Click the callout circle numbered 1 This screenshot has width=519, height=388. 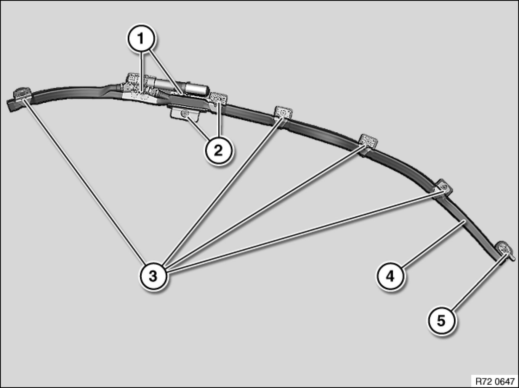point(141,39)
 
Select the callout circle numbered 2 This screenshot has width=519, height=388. point(218,151)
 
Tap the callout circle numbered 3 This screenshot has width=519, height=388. point(153,276)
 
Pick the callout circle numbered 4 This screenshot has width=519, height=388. point(390,276)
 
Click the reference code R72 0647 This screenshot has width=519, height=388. point(495,381)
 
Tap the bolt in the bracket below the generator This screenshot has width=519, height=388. point(184,114)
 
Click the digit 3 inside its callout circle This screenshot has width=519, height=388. point(153,276)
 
